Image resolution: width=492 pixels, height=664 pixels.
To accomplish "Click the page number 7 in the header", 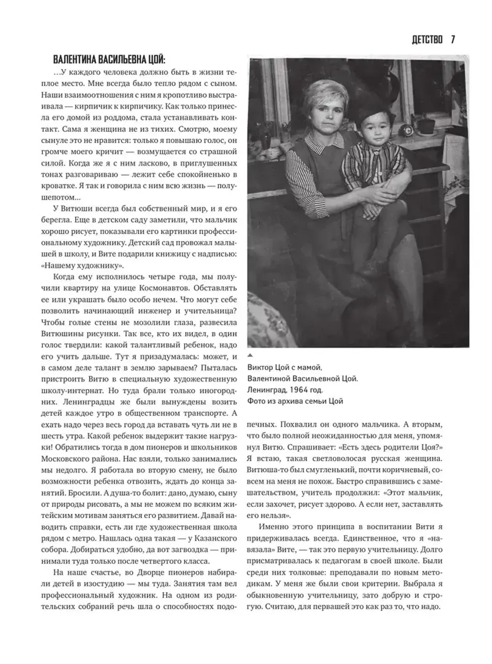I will coord(453,40).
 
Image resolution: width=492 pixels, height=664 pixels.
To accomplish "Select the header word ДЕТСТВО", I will coord(427,40).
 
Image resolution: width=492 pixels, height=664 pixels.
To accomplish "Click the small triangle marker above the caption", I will coord(250,355).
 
